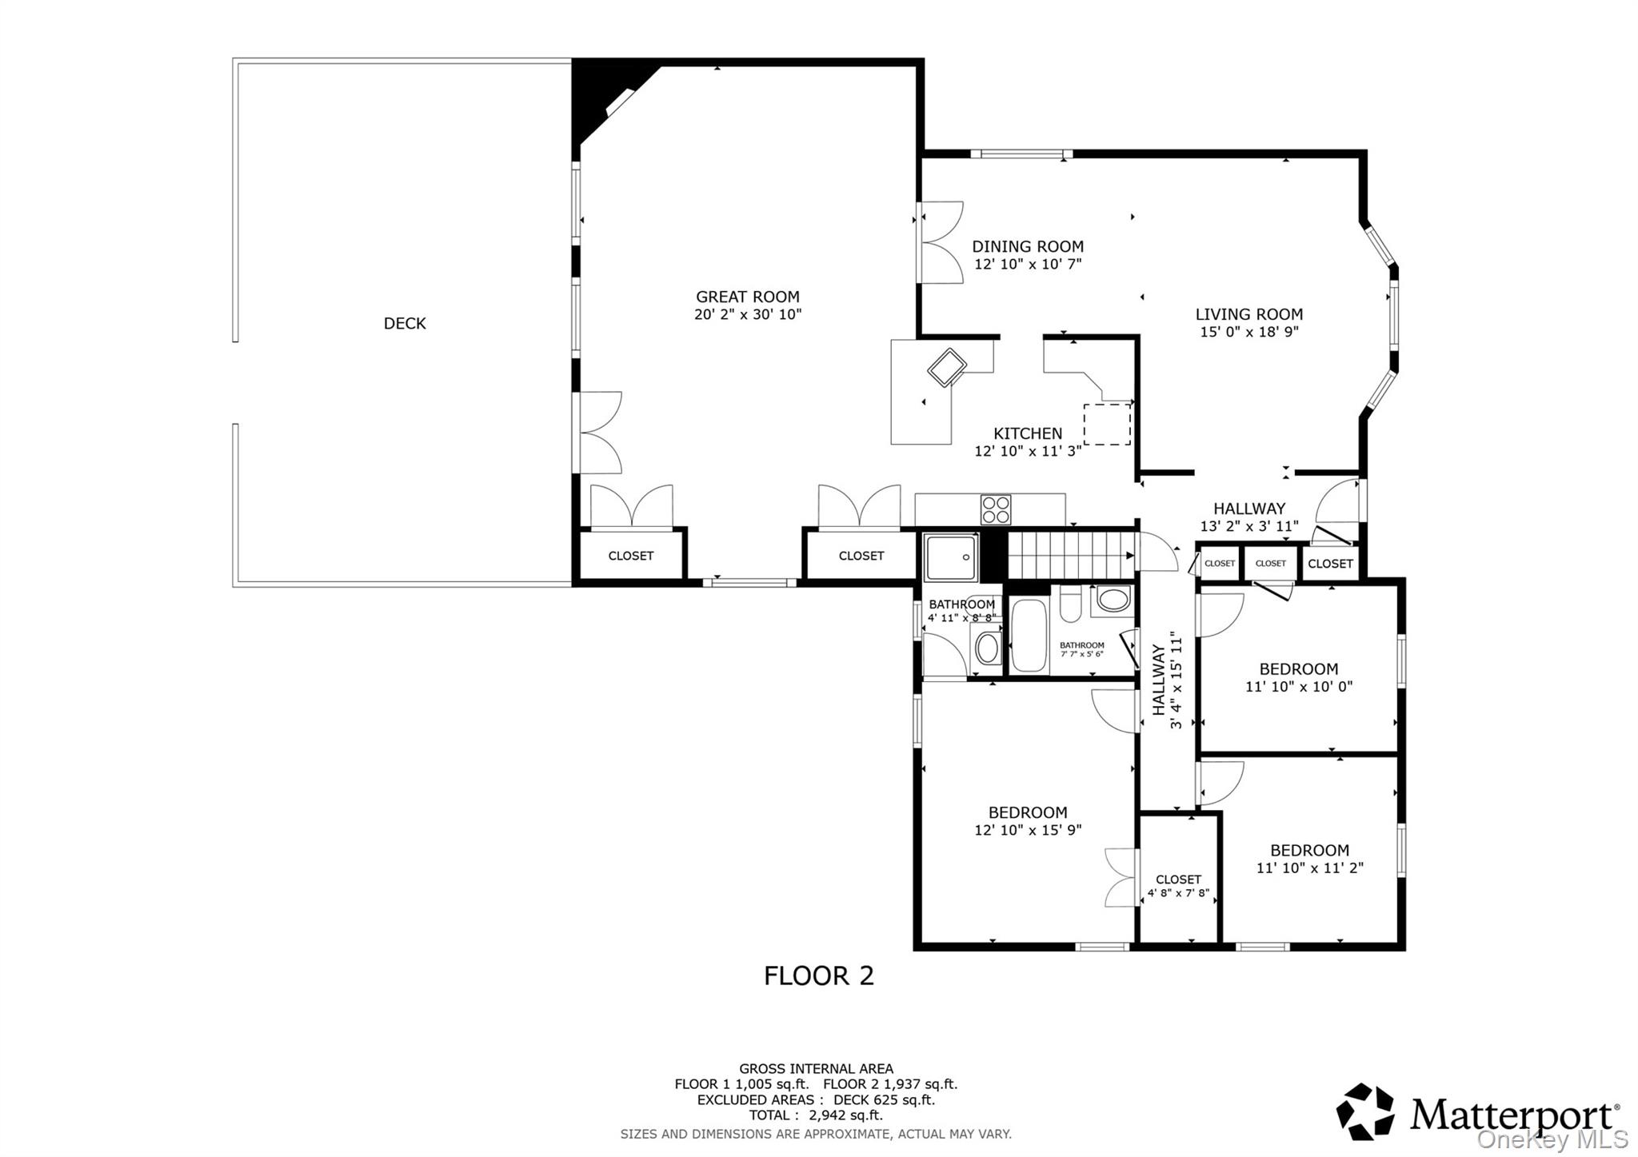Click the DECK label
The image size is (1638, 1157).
(405, 323)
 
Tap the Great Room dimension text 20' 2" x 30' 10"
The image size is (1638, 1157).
(747, 315)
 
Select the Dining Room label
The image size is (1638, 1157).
(1028, 246)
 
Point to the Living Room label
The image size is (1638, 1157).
(1248, 314)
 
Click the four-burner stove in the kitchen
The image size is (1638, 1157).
(996, 509)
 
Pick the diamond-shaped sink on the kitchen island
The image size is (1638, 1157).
(947, 368)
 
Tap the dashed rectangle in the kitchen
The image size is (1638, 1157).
(1107, 424)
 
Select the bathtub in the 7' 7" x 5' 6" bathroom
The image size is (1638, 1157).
(1029, 636)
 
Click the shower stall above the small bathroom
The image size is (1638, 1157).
(951, 557)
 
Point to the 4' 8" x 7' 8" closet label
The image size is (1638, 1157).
(1178, 886)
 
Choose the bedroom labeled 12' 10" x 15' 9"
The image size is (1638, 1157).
(1028, 821)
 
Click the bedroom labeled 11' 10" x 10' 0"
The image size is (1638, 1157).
(1298, 677)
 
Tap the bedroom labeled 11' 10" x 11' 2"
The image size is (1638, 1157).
(1309, 859)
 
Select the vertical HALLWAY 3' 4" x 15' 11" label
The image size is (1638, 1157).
(1167, 680)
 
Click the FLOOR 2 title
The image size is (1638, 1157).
(818, 975)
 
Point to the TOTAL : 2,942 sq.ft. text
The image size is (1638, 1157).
(816, 1115)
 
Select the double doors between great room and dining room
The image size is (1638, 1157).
(941, 241)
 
